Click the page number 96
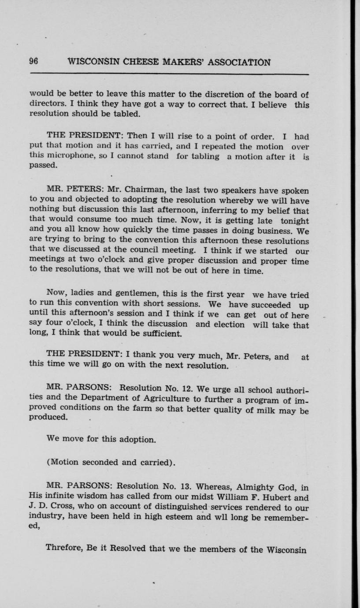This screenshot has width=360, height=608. click(x=33, y=62)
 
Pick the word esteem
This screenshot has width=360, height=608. click(x=181, y=517)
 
